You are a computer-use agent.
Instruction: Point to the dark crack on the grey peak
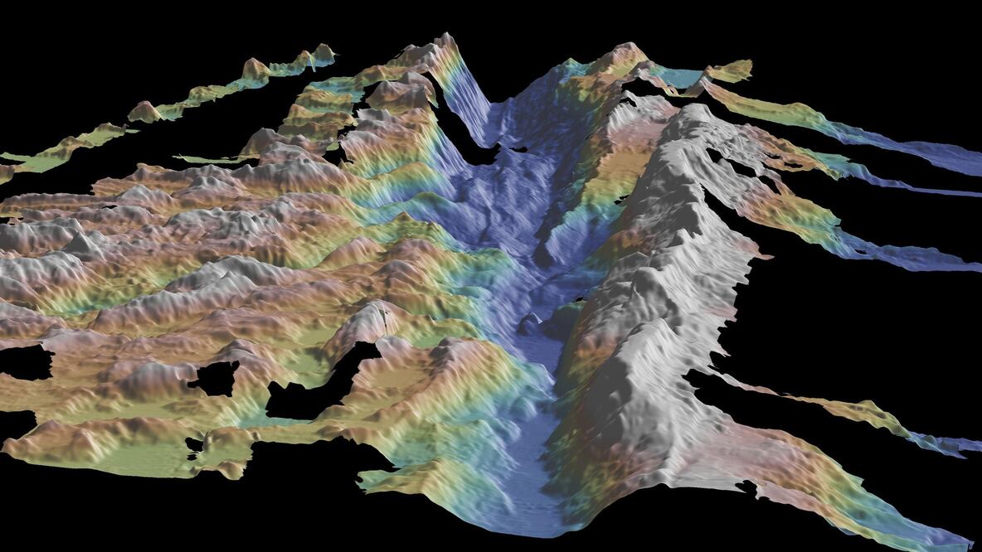(x=384, y=316)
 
